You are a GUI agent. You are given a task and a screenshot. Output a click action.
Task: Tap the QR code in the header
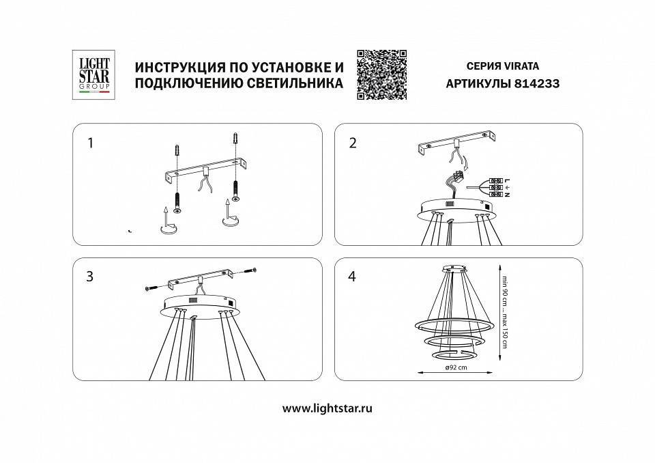point(381,74)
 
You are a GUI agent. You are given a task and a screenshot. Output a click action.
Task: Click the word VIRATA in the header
point(521,66)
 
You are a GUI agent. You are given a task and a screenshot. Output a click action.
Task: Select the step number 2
point(352,143)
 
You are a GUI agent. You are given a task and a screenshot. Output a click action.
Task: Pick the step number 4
point(352,277)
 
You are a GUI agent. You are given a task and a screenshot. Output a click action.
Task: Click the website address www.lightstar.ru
point(327,408)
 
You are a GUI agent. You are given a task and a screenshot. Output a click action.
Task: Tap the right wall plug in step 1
point(236,141)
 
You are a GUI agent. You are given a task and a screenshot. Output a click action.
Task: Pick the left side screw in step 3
point(151,289)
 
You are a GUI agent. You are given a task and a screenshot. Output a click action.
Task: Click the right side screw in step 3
point(250,271)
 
